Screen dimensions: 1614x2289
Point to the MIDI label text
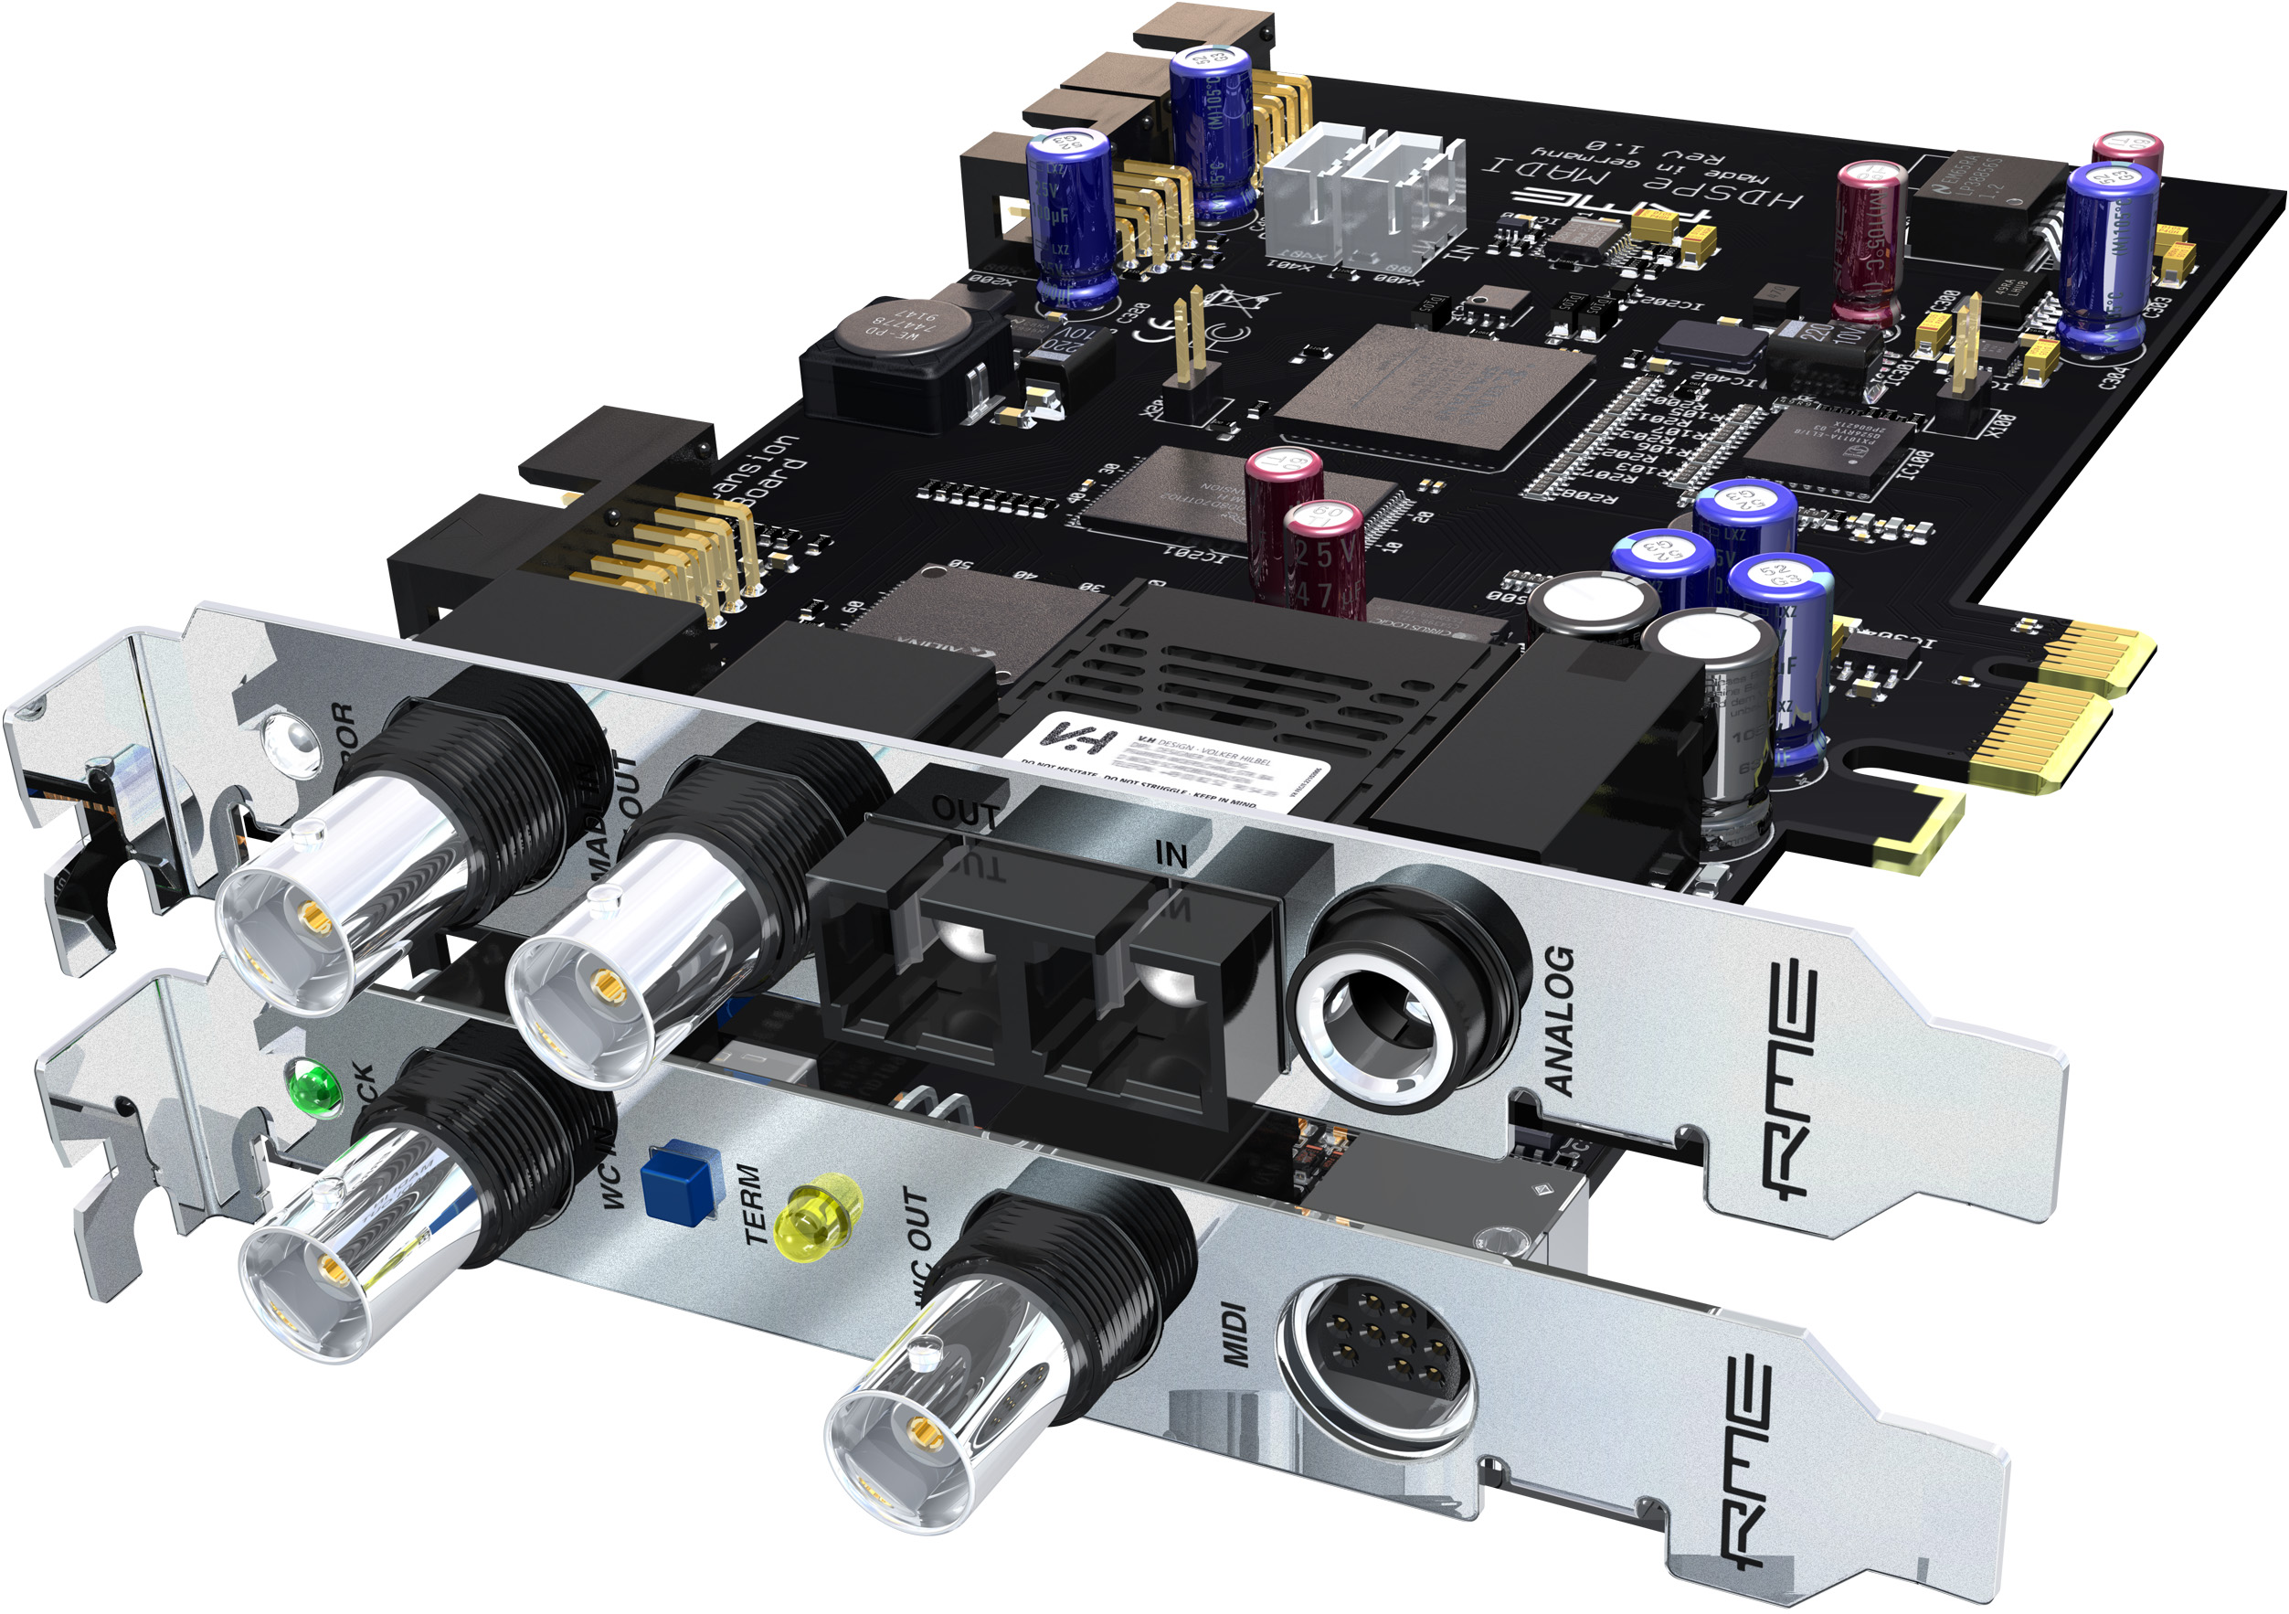1236,1336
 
